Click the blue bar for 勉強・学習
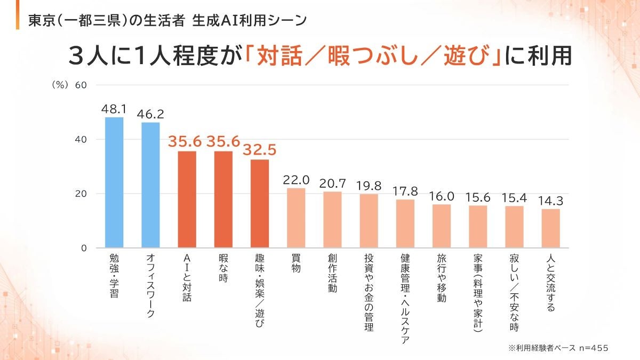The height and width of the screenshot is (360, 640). click(114, 182)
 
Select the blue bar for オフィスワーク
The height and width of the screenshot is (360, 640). click(150, 185)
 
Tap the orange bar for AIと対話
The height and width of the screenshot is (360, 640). click(187, 199)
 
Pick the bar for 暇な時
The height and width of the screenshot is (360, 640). click(223, 199)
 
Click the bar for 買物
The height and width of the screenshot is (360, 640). click(296, 218)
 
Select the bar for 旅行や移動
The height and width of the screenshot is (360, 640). click(442, 226)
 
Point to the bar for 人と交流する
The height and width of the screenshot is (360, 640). click(550, 228)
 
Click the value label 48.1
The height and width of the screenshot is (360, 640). click(114, 109)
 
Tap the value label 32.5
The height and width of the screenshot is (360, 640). click(260, 150)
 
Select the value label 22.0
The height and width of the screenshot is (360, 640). click(296, 180)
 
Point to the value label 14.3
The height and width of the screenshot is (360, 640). click(550, 201)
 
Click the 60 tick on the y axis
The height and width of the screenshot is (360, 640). click(81, 85)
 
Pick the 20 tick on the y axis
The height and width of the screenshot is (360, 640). click(81, 194)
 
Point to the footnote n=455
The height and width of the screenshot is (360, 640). click(594, 347)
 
